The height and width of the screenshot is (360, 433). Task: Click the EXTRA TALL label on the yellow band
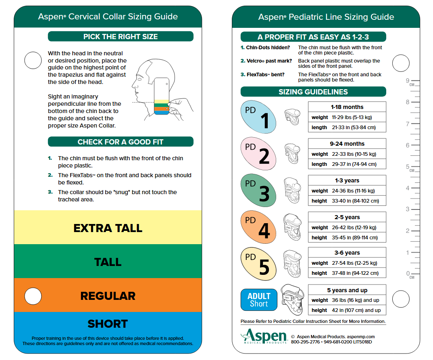(108, 228)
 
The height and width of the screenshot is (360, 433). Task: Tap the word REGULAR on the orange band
(108, 296)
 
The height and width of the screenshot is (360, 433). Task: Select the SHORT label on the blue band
(108, 324)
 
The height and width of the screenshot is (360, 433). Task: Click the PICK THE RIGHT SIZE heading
(121, 37)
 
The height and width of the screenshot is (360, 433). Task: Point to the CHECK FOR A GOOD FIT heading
(121, 142)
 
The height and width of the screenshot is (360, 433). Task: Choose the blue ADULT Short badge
(259, 300)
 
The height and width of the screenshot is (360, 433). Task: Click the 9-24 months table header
(347, 144)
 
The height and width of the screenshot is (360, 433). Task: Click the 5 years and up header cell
(347, 290)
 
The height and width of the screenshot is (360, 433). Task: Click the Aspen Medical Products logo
(263, 336)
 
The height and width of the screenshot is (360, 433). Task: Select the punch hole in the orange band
(33, 296)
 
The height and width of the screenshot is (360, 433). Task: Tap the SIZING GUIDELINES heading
(313, 92)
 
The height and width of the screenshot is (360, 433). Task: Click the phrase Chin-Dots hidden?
(265, 48)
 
